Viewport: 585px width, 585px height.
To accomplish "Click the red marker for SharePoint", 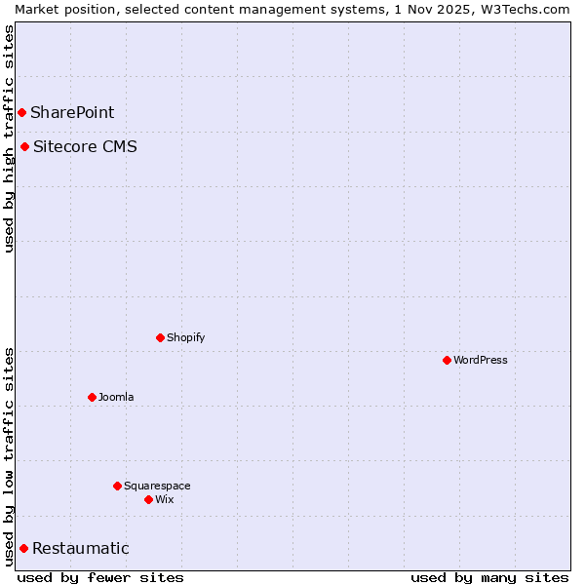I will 21,112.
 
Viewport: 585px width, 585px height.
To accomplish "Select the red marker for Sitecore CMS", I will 24,147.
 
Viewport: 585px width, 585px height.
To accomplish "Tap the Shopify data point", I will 160,337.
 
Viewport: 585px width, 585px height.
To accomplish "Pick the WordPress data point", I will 447,360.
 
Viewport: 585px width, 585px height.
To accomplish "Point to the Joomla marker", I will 92,397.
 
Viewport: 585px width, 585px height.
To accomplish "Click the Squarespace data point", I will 117,486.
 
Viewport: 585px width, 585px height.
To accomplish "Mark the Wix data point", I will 148,499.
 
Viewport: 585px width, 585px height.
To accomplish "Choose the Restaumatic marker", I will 23,548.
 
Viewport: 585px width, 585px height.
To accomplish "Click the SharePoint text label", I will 72,112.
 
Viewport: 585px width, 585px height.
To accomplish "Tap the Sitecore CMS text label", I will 85,147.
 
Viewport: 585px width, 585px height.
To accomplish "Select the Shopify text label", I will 185,337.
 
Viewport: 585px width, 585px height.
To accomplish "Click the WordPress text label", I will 480,360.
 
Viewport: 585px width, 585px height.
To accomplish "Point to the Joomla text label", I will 116,397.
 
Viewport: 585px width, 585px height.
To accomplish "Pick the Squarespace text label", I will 157,486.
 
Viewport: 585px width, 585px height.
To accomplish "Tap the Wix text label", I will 164,499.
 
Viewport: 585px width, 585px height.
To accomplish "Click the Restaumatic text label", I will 80,548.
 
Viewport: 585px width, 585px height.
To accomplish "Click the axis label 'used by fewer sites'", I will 100,577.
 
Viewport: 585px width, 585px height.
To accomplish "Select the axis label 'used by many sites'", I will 489,577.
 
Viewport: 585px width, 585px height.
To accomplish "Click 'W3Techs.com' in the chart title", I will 526,9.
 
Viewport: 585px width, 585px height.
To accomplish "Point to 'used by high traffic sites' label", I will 9,138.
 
